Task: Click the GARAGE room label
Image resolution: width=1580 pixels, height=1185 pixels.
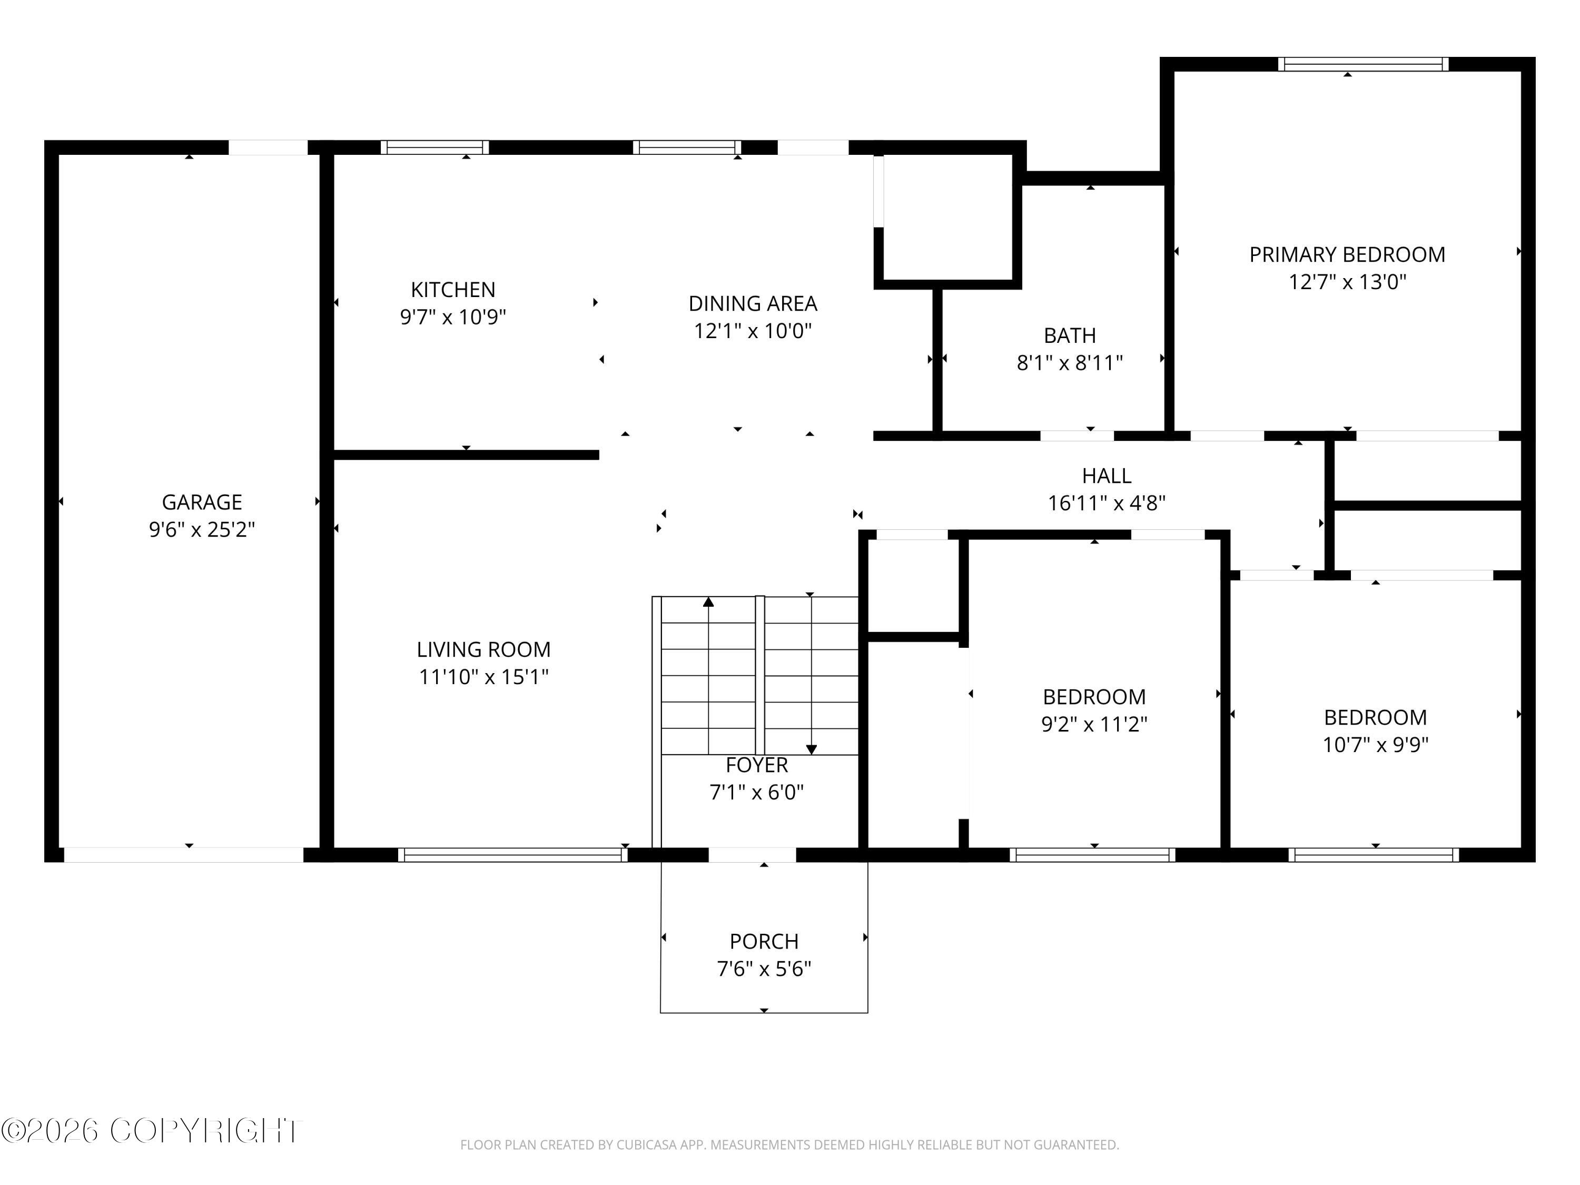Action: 202,502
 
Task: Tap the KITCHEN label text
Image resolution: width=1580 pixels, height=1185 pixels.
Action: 453,289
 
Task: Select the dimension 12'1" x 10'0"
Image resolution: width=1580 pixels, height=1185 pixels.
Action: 753,331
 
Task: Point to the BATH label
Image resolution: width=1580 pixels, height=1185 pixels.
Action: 1069,335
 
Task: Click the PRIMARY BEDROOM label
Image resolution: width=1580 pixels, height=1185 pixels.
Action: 1347,254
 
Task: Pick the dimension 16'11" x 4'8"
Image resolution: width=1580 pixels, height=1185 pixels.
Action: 1107,503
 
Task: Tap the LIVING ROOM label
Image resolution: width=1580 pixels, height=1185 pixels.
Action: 483,649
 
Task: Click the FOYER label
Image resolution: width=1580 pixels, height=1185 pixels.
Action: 756,765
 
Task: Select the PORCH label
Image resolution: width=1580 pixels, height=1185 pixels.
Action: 764,942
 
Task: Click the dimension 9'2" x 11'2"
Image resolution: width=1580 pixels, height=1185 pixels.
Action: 1094,724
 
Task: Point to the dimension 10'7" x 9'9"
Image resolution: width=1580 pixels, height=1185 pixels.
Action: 1375,744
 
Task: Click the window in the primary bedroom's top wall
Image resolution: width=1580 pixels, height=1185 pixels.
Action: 1363,64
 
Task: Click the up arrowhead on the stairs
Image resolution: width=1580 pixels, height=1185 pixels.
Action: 708,602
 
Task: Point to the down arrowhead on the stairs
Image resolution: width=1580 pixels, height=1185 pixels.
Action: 812,749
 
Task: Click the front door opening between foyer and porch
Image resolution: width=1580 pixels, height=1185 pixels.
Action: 752,854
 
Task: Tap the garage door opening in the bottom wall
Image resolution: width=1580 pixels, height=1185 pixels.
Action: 184,854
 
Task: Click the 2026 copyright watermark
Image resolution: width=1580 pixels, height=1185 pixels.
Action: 152,1131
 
